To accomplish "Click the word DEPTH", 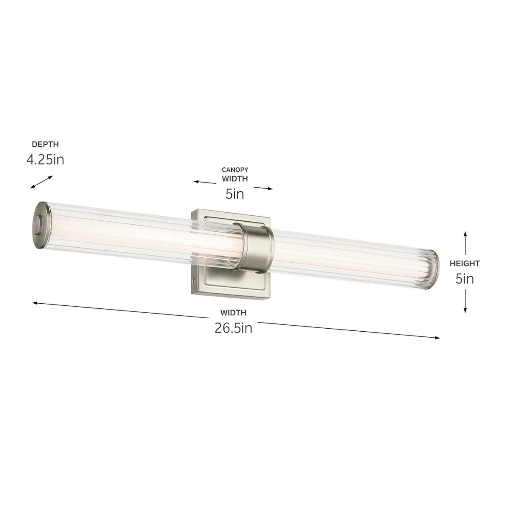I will pos(45,144).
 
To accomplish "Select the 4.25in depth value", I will pos(45,160).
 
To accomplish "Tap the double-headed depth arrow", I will pos(41,182).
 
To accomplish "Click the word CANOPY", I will pos(235,170).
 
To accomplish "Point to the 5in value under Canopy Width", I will pos(235,194).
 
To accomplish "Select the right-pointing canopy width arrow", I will pos(263,188).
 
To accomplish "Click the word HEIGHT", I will pos(465,263).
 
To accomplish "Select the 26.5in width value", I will pos(233,328).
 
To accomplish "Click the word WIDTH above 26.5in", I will pos(233,313).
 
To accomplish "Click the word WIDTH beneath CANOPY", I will pos(235,179).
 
